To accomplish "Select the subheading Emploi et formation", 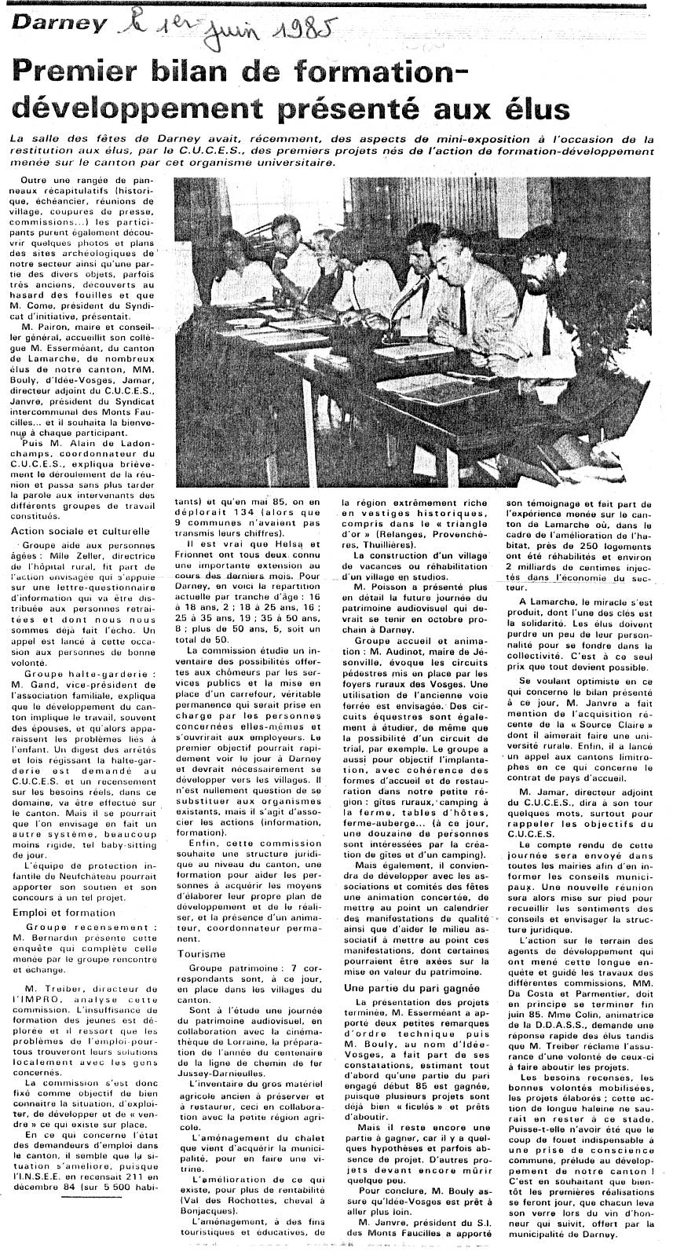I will pos(64,913).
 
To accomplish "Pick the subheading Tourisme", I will pos(203,953).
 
